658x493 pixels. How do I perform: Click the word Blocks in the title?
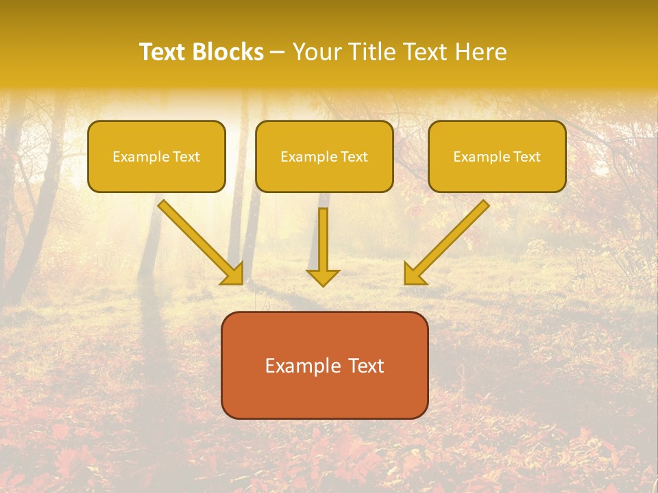228,52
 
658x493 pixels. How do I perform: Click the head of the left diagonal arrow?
233,274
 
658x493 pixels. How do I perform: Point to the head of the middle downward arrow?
323,277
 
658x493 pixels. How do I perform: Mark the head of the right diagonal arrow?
414,274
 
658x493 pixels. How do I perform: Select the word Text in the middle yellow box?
354,157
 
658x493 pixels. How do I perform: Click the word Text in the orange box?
366,366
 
